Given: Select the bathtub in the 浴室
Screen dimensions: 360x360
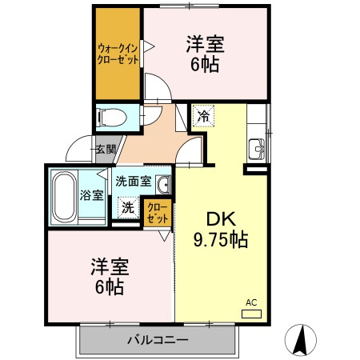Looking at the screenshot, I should pyautogui.click(x=63, y=196).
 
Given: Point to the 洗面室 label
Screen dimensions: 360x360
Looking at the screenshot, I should pyautogui.click(x=133, y=181).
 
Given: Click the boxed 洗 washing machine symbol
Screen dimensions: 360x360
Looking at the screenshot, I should pyautogui.click(x=128, y=206).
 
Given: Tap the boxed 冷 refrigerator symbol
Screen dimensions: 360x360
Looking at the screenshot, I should pyautogui.click(x=203, y=117).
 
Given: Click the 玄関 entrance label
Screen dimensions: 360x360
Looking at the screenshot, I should pyautogui.click(x=105, y=149).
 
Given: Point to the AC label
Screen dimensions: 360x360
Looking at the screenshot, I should pyautogui.click(x=250, y=302).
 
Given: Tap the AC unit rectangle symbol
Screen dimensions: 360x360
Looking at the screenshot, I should pyautogui.click(x=251, y=312).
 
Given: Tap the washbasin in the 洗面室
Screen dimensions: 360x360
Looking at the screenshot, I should pyautogui.click(x=162, y=186).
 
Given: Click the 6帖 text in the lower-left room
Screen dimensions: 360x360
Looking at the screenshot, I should pyautogui.click(x=107, y=286).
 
